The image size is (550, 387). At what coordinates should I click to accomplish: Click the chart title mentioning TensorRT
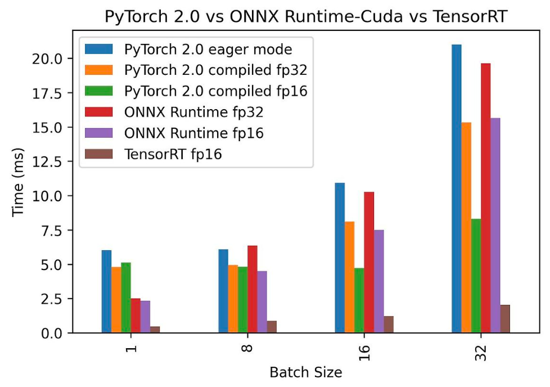click(x=306, y=16)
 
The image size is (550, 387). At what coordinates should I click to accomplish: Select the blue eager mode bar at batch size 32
click(x=456, y=188)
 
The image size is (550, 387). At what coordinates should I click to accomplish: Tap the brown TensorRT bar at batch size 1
click(x=155, y=330)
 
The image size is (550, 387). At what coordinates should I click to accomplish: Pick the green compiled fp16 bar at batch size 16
click(x=359, y=300)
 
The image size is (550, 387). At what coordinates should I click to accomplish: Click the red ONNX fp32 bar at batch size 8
click(x=252, y=289)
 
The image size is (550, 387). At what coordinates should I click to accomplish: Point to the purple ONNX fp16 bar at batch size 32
click(x=495, y=225)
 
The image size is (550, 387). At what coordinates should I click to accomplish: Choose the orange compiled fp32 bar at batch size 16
click(x=349, y=277)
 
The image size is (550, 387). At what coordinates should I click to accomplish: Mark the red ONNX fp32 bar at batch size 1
click(x=136, y=316)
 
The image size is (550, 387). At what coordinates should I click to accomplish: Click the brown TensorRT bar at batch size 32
click(x=505, y=318)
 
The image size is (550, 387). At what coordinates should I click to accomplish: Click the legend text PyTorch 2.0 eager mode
click(x=208, y=49)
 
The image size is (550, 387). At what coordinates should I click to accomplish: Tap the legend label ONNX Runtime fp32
click(x=193, y=112)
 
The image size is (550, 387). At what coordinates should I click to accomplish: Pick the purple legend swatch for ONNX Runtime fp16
click(x=98, y=133)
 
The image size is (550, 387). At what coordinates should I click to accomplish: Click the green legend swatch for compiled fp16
click(x=98, y=91)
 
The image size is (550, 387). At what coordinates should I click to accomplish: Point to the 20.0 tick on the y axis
click(x=47, y=58)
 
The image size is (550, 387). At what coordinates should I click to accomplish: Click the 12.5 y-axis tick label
click(x=47, y=161)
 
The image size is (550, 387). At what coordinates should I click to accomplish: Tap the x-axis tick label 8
click(x=247, y=348)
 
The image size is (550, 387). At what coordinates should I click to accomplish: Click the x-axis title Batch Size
click(x=306, y=372)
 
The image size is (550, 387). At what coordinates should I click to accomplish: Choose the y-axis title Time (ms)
click(x=17, y=182)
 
